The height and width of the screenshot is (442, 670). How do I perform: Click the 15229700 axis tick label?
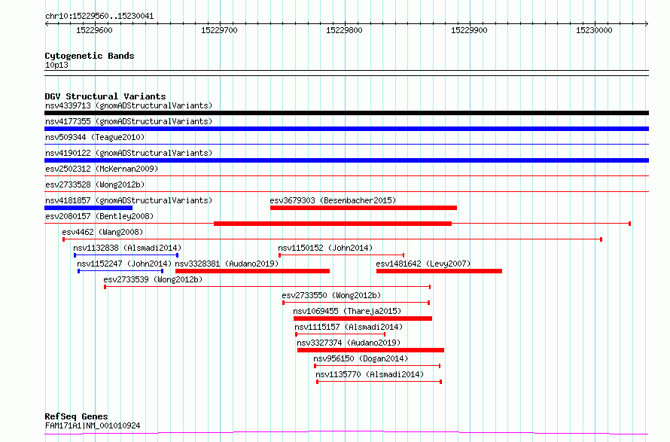[219, 30]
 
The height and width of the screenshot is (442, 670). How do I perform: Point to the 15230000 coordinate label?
[594, 30]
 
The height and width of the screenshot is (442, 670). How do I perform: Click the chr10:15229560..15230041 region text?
[99, 17]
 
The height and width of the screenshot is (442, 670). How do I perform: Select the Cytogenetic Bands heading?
[90, 56]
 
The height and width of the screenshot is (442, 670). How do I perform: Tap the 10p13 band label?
[56, 65]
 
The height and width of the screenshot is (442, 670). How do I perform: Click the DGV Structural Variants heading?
[105, 96]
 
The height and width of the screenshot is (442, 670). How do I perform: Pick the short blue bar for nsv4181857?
[88, 208]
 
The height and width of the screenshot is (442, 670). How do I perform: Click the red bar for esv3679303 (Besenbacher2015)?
[363, 208]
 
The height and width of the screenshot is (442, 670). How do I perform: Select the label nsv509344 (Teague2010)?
[95, 137]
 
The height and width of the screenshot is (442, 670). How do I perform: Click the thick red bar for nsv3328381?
[252, 271]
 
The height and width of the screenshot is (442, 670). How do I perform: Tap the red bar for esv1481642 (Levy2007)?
[439, 271]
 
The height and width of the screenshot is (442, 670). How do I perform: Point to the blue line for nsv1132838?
[126, 255]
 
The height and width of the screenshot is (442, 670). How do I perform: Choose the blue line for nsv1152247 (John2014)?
[120, 271]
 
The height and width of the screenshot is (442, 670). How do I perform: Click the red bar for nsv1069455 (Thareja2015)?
[363, 319]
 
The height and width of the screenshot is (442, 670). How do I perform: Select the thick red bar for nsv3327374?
[370, 350]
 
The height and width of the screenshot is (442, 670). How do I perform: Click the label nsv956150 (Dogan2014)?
[361, 358]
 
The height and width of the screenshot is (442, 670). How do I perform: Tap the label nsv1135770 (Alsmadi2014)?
[370, 374]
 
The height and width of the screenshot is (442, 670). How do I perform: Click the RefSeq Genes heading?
[76, 416]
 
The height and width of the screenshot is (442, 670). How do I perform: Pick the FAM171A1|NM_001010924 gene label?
[93, 425]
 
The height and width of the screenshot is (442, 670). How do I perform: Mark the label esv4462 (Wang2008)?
[102, 232]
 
